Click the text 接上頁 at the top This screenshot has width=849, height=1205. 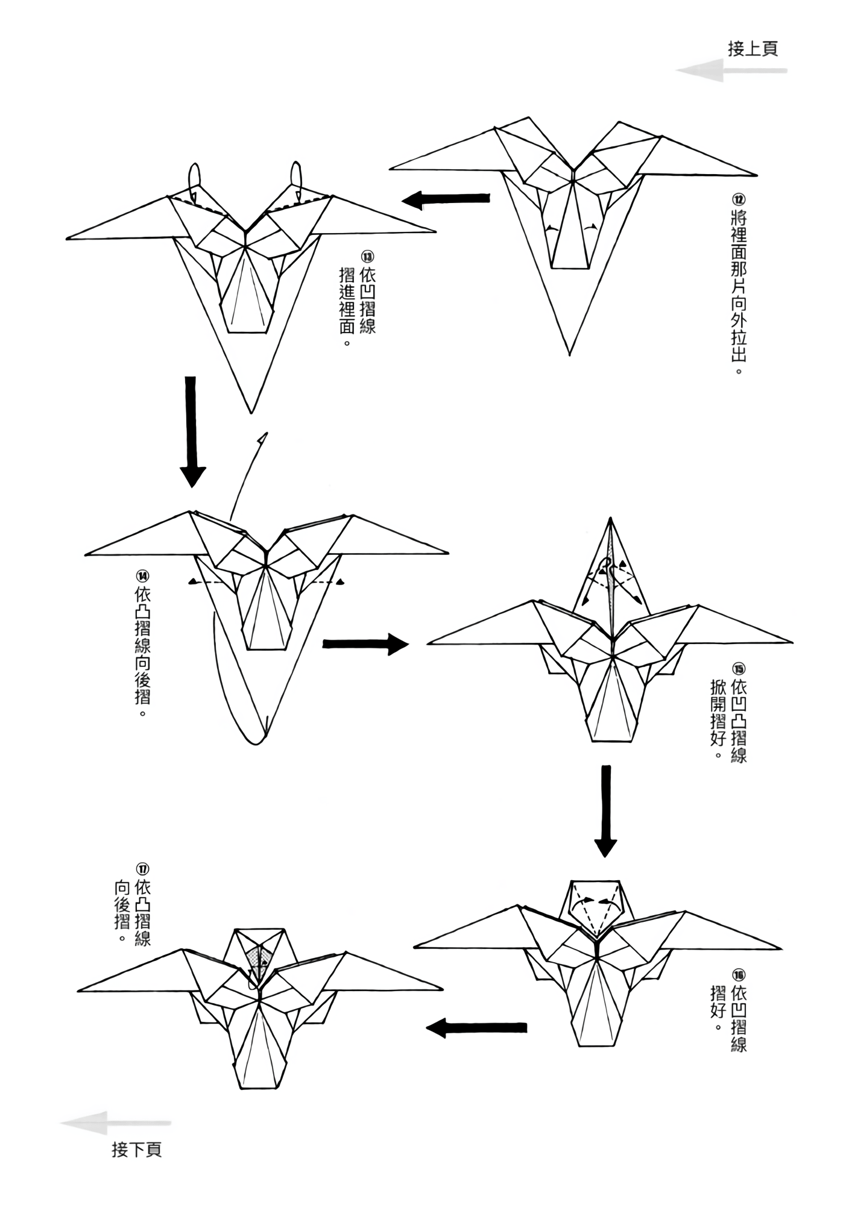(753, 49)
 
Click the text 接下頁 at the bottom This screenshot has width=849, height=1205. (137, 1149)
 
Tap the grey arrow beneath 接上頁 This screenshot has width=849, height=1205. (731, 70)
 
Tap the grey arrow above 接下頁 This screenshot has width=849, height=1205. (115, 1123)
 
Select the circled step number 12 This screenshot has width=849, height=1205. (739, 200)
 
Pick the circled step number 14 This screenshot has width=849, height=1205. (143, 575)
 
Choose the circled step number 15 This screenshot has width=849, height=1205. (739, 669)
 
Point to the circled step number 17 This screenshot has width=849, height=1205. (143, 869)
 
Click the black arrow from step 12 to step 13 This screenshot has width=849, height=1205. (446, 199)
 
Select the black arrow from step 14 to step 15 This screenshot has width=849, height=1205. (365, 643)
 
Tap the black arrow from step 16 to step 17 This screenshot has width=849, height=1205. (476, 1027)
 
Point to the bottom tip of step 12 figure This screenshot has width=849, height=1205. (569, 354)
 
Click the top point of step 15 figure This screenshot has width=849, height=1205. (610, 518)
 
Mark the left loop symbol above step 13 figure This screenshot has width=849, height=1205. (194, 177)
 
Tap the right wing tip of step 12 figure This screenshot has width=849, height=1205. (756, 175)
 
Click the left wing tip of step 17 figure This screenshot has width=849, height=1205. (79, 990)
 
